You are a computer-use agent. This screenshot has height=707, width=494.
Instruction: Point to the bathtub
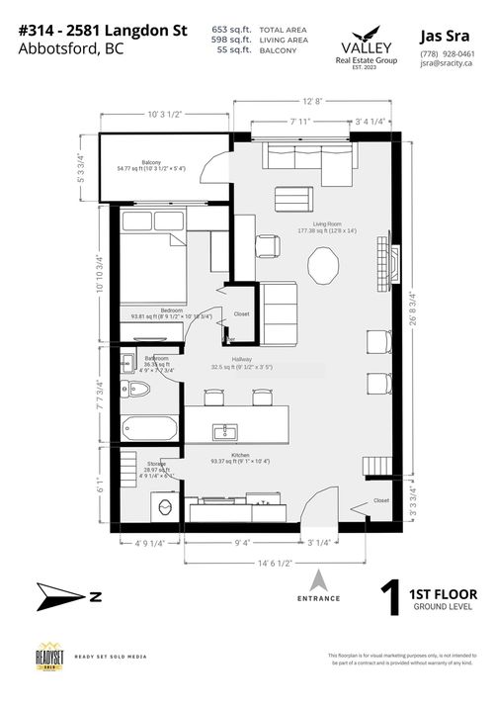tap(149, 430)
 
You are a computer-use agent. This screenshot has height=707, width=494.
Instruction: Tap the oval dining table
tap(324, 265)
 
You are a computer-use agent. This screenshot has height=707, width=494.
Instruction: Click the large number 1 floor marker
tap(394, 600)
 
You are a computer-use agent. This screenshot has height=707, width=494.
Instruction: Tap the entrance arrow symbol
tap(318, 580)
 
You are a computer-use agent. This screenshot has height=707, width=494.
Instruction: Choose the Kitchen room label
tap(240, 458)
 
